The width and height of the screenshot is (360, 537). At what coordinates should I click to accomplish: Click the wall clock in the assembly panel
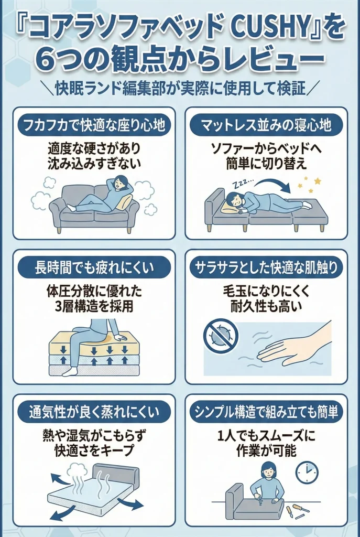tap(307, 472)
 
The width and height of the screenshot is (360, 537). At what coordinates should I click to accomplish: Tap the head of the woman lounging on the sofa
tap(119, 182)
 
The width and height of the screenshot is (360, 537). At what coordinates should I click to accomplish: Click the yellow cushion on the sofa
tap(124, 203)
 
